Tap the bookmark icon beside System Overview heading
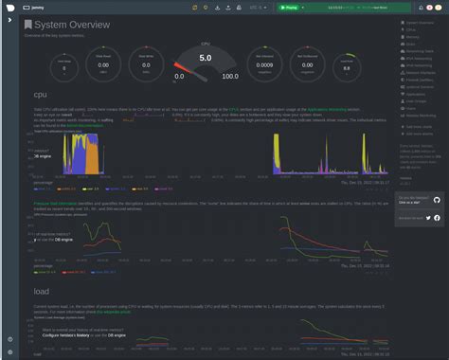pyautogui.click(x=28, y=25)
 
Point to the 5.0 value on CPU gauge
pyautogui.click(x=205, y=59)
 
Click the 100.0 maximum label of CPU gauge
pyautogui.click(x=229, y=76)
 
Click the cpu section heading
pyautogui.click(x=41, y=95)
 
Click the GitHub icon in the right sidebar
pyautogui.click(x=437, y=200)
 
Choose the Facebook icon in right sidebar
pyautogui.click(x=438, y=218)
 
